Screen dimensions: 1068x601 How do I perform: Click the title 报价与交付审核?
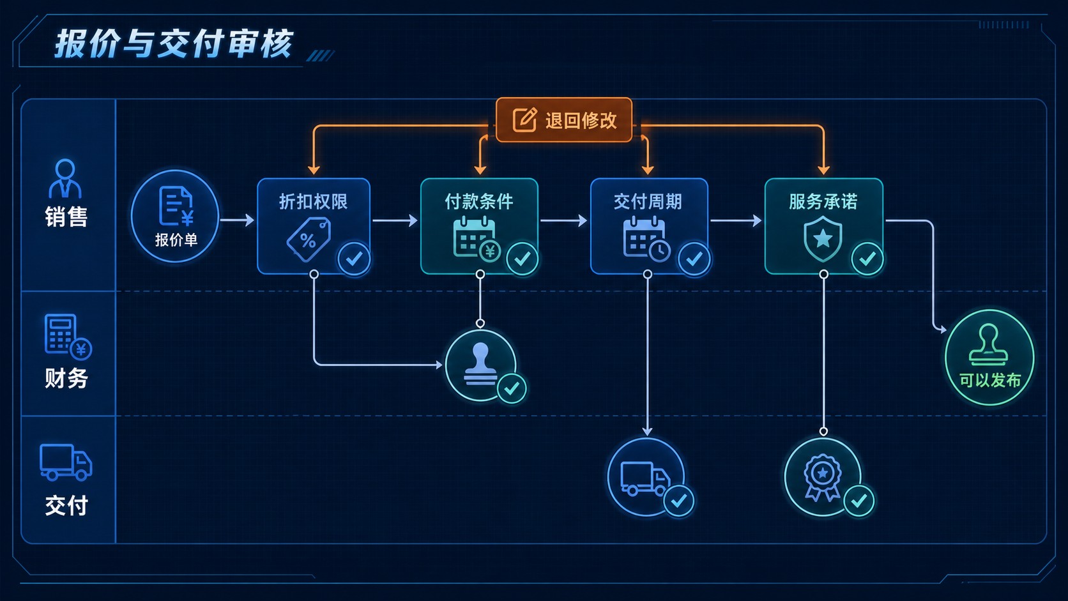174,44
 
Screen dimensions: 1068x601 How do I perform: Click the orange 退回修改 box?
564,120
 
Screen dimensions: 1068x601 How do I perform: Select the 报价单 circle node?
175,216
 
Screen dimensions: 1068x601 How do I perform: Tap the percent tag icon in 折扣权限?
309,240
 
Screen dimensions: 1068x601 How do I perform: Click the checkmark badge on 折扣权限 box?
354,259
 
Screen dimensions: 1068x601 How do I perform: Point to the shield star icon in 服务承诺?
823,239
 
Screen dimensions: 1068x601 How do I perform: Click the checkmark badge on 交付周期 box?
694,259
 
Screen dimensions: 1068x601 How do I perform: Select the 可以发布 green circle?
989,358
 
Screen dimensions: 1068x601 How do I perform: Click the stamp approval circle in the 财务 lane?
480,365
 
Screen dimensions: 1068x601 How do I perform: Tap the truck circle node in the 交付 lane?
646,476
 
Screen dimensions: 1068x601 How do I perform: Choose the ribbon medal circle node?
823,476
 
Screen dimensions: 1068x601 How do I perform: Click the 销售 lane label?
66,217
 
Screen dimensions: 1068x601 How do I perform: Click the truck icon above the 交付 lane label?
66,462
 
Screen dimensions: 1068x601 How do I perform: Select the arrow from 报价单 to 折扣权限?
237,220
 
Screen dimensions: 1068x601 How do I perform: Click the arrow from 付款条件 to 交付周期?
563,220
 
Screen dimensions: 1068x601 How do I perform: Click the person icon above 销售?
65,178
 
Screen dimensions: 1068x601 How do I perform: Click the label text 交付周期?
648,202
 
